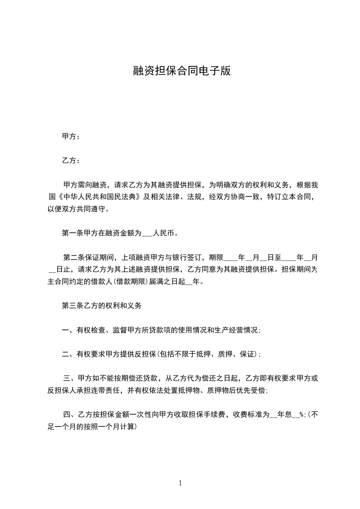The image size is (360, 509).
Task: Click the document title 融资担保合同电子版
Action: pos(182,71)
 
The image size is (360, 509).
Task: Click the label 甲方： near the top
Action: pos(71,137)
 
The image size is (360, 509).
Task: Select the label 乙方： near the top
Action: pos(71,161)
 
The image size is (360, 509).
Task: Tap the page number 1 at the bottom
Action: pos(180,483)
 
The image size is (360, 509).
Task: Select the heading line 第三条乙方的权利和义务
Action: pos(102,306)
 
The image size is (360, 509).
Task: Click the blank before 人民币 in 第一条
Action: pos(148,234)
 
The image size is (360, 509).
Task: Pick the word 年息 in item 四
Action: pos(284,414)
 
